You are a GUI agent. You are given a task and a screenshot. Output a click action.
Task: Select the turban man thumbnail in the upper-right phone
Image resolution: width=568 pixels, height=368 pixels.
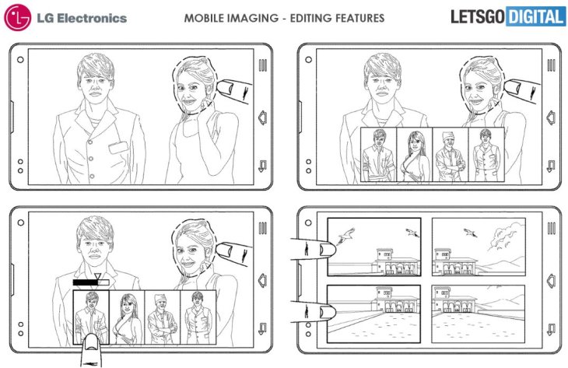point(451,155)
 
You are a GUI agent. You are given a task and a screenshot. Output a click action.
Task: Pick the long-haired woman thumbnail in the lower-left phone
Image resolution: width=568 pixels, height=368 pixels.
point(126,317)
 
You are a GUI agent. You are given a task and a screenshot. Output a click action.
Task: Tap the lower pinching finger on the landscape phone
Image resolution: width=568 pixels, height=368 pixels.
point(316,311)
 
